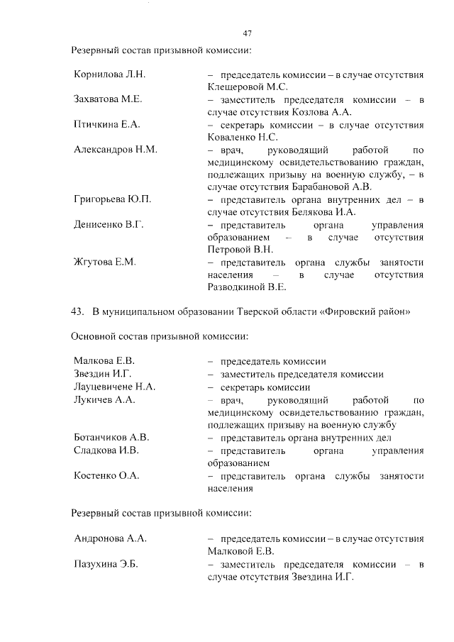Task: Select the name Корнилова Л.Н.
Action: coord(109,74)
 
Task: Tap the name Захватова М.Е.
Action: coord(108,99)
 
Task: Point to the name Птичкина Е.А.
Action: coord(106,125)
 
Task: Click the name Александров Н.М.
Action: coord(115,150)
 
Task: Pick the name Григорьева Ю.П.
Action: coord(112,199)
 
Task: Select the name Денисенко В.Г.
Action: coord(109,224)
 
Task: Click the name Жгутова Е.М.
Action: coord(104,262)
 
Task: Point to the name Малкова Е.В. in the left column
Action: coord(104,361)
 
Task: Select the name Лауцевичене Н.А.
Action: coord(115,387)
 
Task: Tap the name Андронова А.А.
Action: coord(110,538)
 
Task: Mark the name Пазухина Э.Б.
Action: coord(106,563)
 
